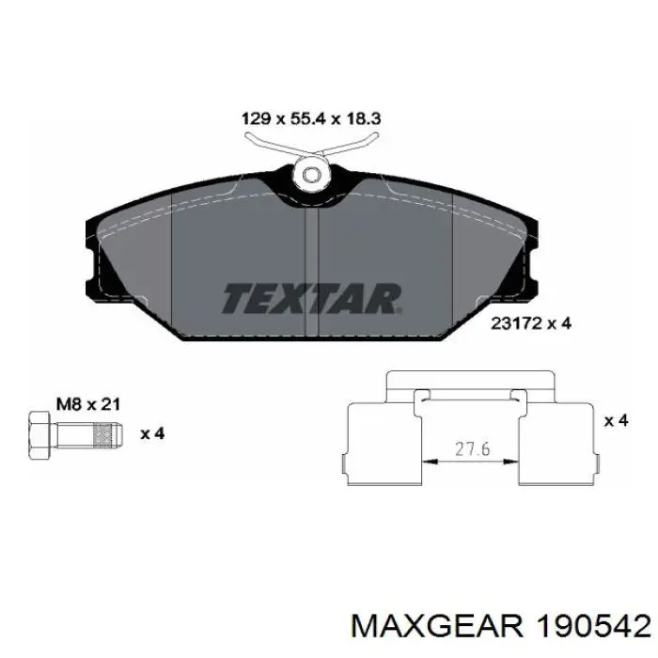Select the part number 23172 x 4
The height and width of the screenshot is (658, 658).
531,322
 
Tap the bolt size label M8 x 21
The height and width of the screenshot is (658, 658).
87,404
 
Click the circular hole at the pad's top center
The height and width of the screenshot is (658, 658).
310,175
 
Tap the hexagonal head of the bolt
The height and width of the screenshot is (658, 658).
39,433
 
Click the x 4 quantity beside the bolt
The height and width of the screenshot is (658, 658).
152,433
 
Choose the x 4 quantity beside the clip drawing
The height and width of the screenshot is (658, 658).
616,420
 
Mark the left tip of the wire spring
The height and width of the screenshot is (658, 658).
249,137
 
